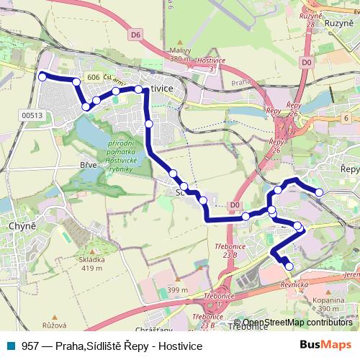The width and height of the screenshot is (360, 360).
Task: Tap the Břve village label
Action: coord(87,166)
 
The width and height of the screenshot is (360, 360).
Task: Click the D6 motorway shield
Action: coord(136,34)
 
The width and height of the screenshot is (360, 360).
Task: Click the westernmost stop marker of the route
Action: coord(42,76)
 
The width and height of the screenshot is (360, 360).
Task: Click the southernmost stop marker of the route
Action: coord(289,266)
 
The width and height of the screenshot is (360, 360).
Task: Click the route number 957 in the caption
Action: coord(31,346)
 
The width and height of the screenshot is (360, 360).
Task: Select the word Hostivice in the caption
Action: coord(179,346)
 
